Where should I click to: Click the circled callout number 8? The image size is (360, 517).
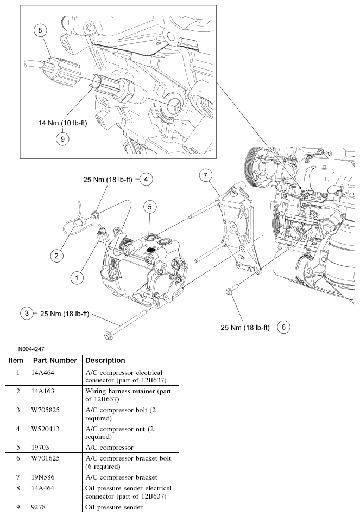pos(40,30)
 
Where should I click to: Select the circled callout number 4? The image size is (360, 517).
pos(146,178)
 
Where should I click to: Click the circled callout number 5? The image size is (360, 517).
pos(150,206)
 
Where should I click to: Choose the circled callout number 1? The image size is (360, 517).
pos(77,277)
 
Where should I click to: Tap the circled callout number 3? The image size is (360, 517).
pos(26,313)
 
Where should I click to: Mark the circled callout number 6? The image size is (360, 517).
pos(283,327)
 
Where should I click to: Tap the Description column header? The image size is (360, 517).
pos(105,360)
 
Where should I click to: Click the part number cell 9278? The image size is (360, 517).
pos(40,507)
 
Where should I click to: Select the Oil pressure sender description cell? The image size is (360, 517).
pos(115,507)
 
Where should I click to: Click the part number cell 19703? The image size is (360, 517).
pos(42,448)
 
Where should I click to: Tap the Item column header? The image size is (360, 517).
pos(16,360)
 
